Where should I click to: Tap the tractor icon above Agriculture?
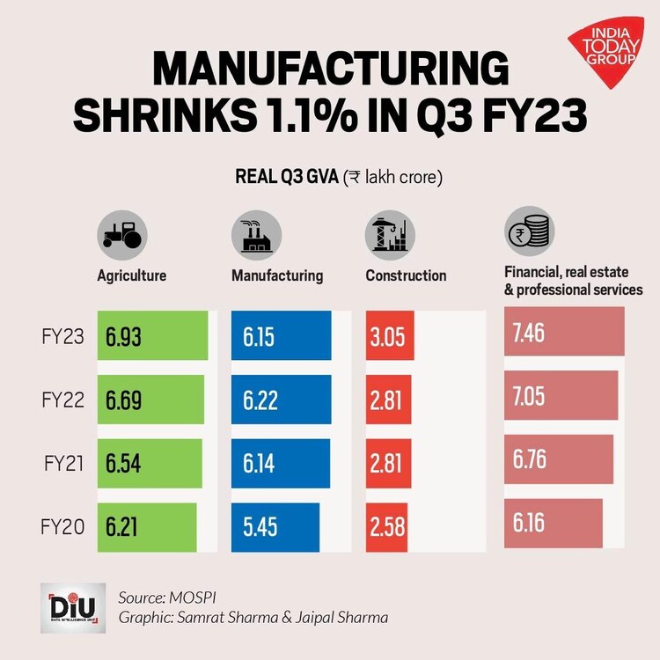pos(121,233)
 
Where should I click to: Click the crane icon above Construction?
pos(388,233)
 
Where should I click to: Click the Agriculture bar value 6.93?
pos(123,337)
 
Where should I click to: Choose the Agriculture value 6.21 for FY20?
pos(123,526)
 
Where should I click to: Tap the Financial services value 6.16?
pos(529,523)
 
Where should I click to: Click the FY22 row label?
pos(62,400)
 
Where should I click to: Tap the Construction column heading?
pos(406,275)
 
